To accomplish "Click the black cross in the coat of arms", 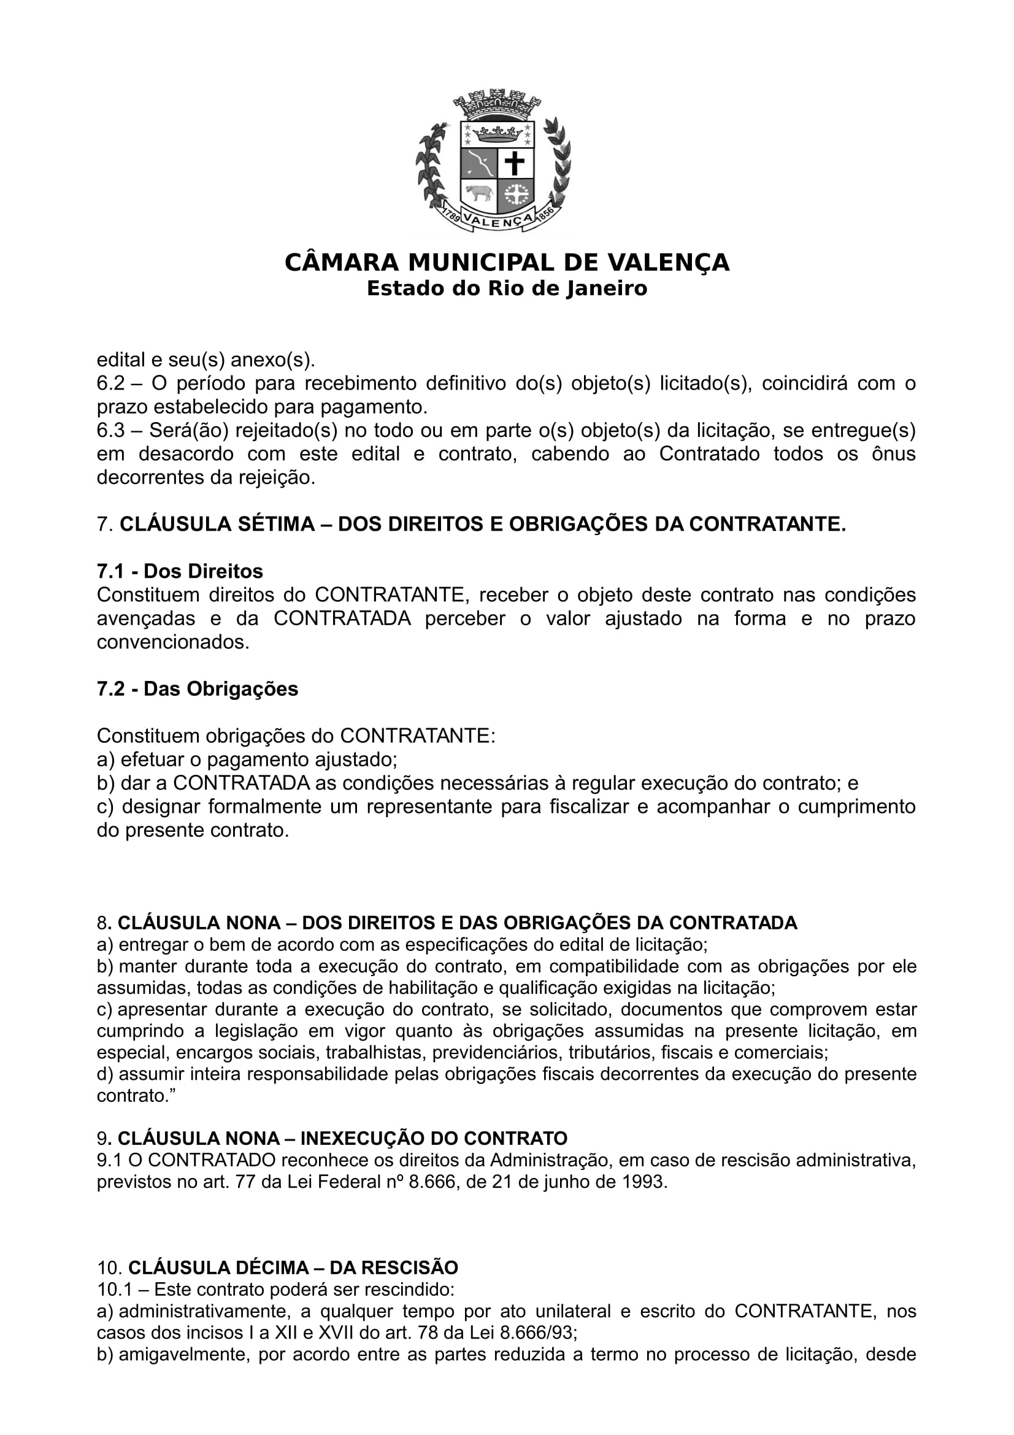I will point(515,164).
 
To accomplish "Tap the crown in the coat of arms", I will point(497,133).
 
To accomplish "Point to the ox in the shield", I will point(478,193).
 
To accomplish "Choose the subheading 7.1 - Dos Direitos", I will point(180,571).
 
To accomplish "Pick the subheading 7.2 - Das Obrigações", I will point(198,689).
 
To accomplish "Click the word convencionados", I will point(173,642).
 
